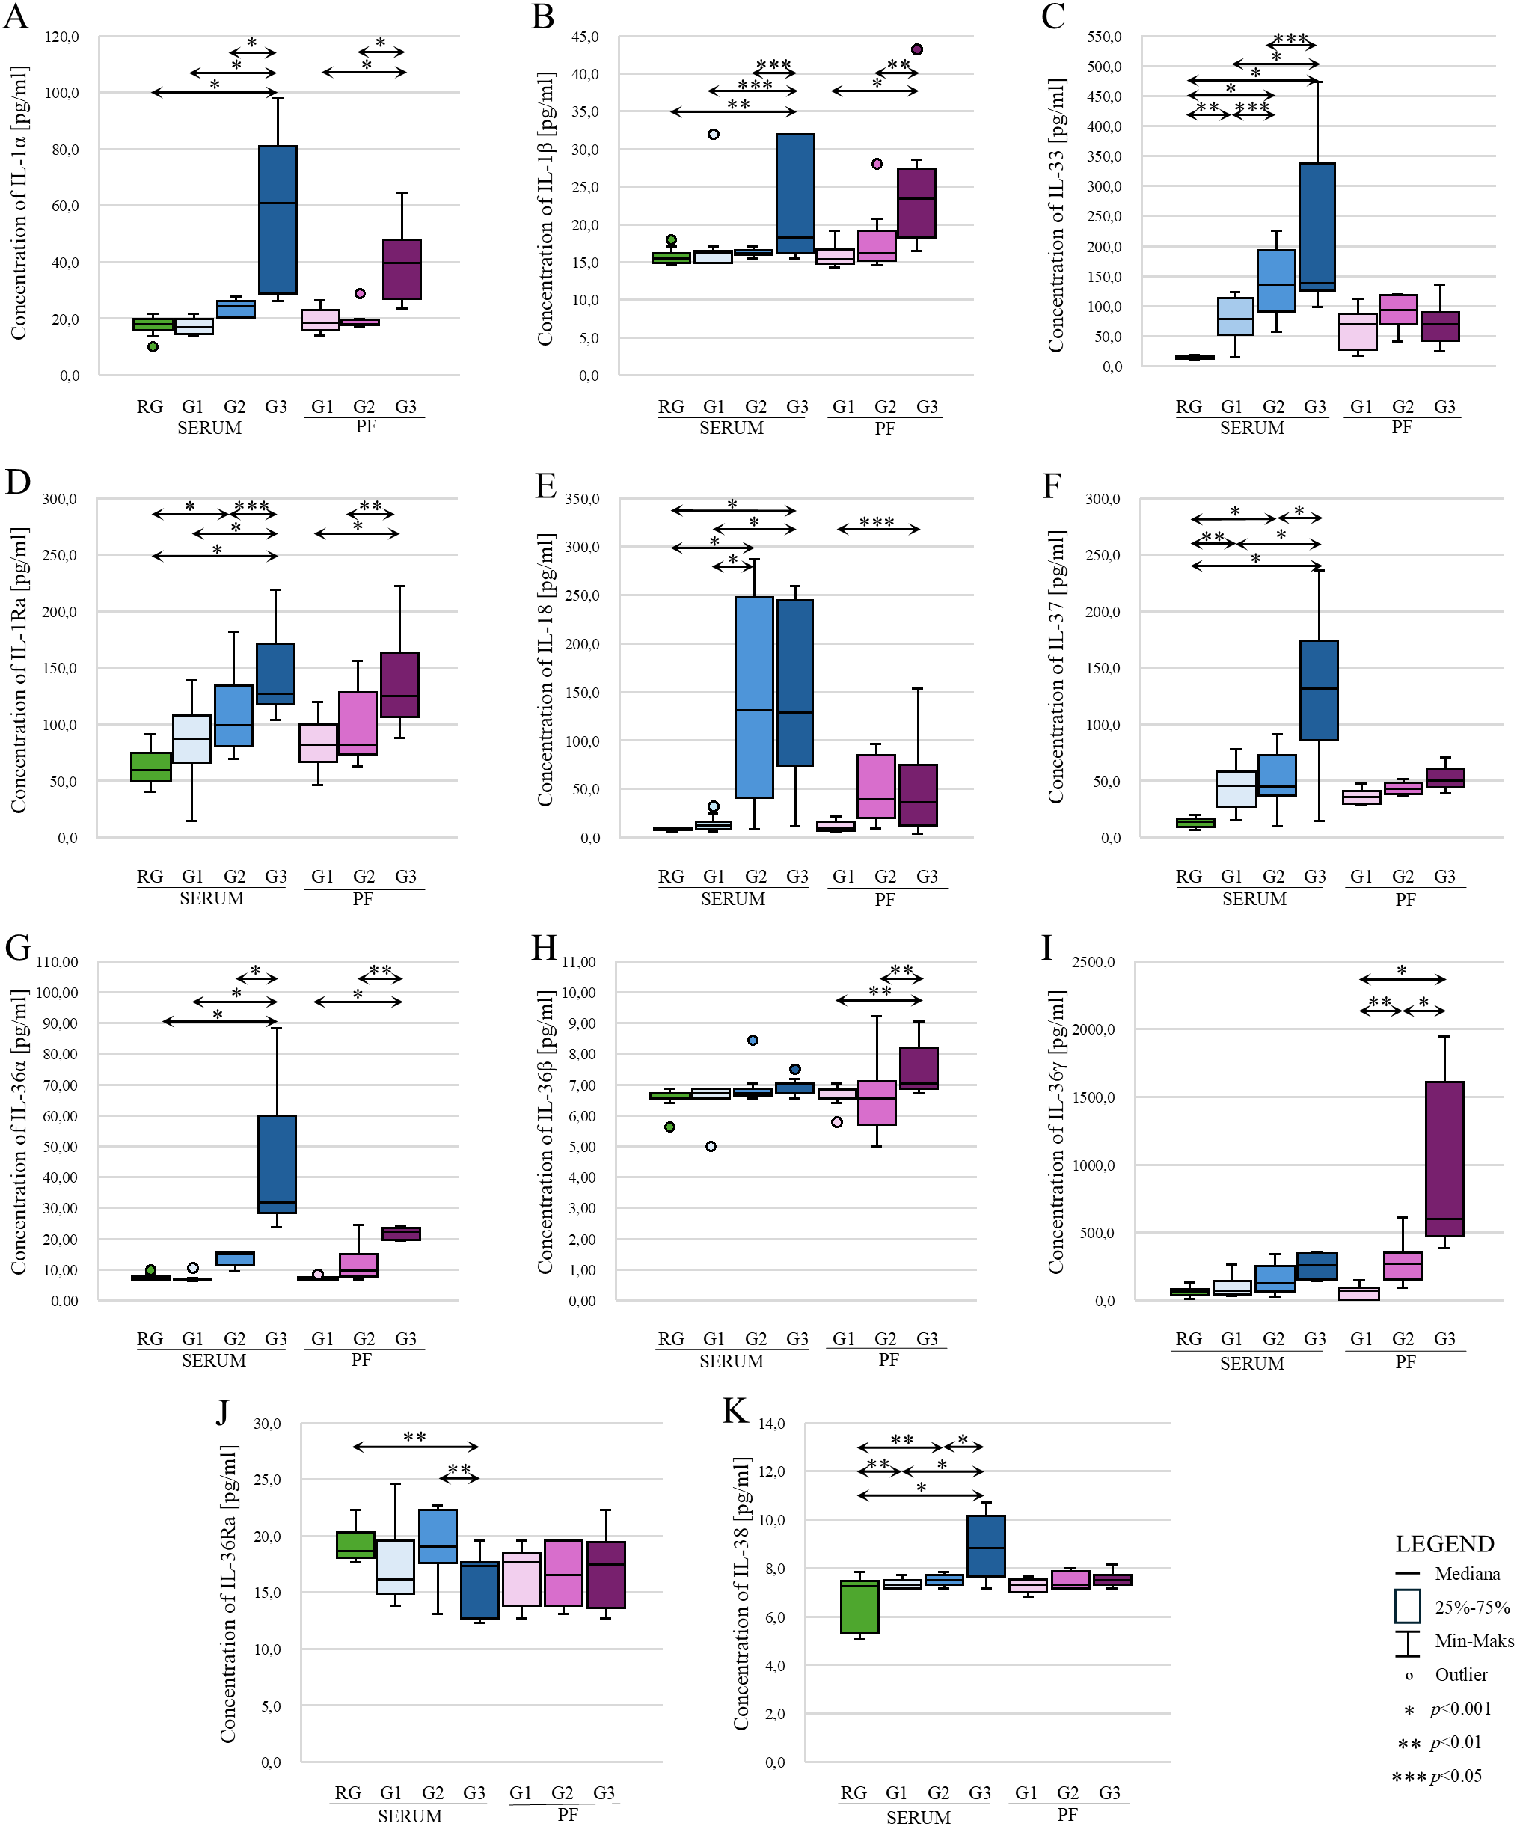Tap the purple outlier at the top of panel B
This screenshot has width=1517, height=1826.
point(916,49)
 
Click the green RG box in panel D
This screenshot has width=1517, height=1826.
point(151,767)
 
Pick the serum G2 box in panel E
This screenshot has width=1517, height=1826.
point(754,696)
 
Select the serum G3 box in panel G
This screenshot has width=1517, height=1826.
point(278,1163)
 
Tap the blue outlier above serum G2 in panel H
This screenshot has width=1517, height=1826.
point(753,1040)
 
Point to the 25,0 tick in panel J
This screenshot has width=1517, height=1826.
point(267,1479)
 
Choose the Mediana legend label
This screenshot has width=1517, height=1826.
point(1468,1574)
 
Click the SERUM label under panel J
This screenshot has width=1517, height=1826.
point(409,1816)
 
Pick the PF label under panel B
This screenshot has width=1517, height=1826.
point(884,428)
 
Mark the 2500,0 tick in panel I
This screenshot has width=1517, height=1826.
point(1093,962)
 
